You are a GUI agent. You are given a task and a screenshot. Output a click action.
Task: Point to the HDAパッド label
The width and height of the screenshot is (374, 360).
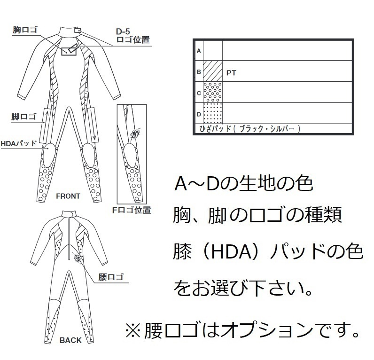19,143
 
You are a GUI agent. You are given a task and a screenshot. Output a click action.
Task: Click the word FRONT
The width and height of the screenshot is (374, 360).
68,196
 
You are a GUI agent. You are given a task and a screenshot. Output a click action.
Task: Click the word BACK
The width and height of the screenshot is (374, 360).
70,340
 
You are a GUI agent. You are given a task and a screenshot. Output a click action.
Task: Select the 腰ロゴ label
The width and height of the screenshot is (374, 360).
111,276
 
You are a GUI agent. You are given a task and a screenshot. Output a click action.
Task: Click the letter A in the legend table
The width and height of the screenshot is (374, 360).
199,51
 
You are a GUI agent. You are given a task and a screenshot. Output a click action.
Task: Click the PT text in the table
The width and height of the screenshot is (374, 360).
231,73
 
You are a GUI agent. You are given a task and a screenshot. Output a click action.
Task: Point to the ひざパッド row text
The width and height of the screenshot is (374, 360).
247,128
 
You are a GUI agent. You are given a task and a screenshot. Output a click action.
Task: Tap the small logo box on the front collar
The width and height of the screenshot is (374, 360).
78,31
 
